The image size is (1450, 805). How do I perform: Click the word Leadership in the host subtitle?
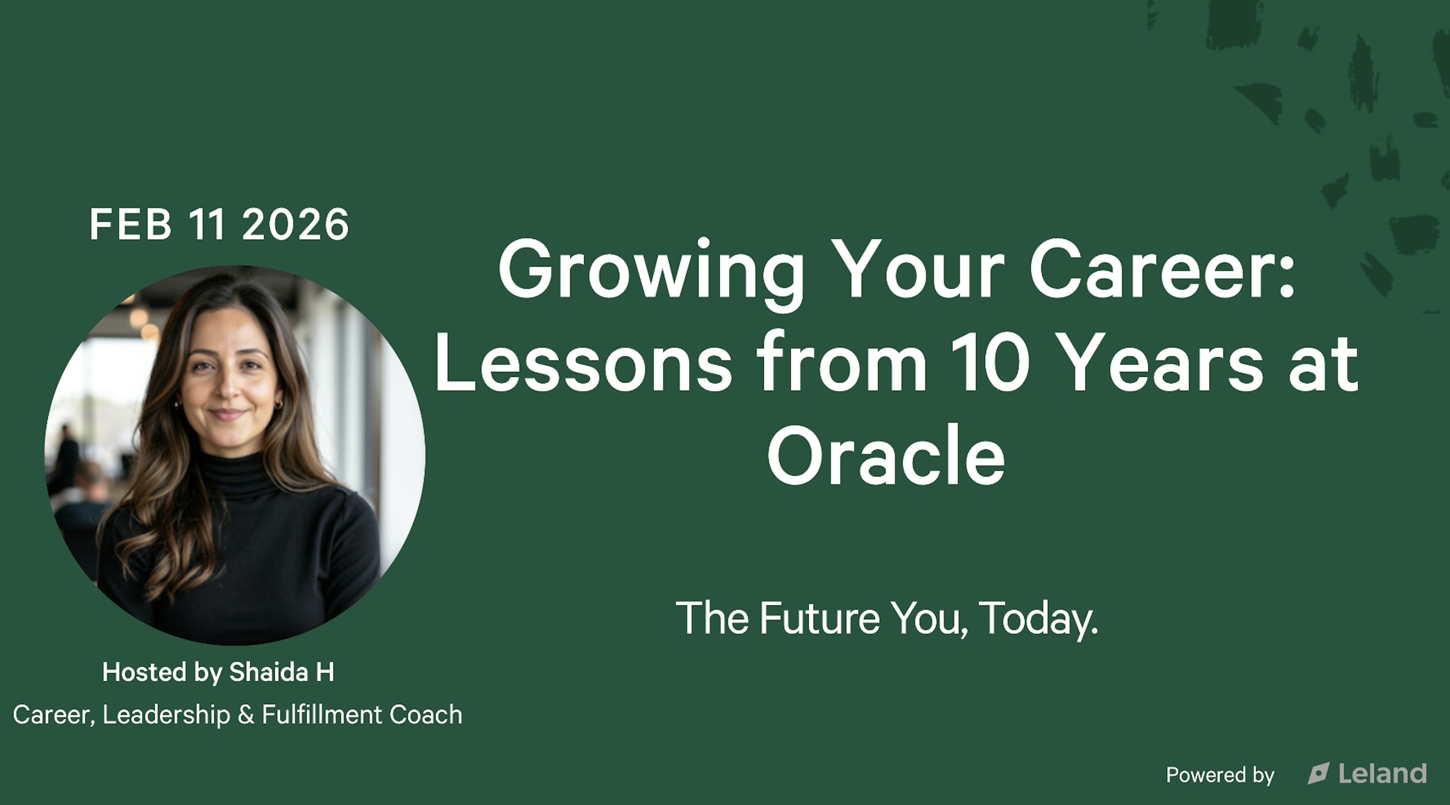click(x=166, y=715)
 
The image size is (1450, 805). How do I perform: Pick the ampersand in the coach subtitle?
click(x=246, y=715)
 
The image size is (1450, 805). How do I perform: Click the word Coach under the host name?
click(x=426, y=715)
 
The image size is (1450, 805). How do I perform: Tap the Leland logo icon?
click(x=1318, y=774)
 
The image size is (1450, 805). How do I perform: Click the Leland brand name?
click(x=1382, y=774)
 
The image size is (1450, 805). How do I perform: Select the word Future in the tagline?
click(x=819, y=618)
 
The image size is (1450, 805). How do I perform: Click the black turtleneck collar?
click(x=236, y=476)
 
